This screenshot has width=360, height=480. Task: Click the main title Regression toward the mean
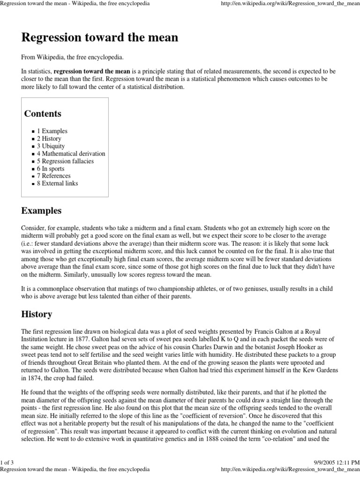[100, 37]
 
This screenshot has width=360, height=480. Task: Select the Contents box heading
[43, 114]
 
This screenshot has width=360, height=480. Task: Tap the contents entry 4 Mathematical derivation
[71, 154]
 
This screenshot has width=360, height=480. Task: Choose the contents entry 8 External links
[58, 183]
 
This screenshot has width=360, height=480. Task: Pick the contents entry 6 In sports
[51, 169]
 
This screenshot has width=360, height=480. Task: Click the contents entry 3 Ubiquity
[51, 146]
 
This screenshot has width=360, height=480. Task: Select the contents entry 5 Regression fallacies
[66, 161]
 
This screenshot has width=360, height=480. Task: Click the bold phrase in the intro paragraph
[92, 71]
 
